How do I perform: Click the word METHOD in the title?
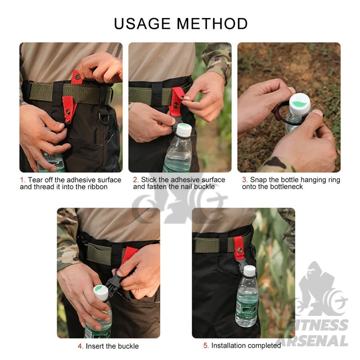tap(212, 24)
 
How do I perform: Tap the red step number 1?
tap(22, 180)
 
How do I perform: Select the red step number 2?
tap(135, 180)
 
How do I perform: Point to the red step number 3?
tap(244, 180)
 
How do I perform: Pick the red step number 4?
tap(80, 346)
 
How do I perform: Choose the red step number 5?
tap(206, 346)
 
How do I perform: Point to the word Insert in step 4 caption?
tap(95, 346)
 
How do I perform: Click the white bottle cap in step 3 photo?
tap(300, 104)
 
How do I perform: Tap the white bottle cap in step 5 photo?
tap(250, 271)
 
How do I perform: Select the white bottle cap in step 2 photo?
tap(184, 130)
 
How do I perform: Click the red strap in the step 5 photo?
tap(239, 248)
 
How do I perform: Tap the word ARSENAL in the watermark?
tap(314, 341)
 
